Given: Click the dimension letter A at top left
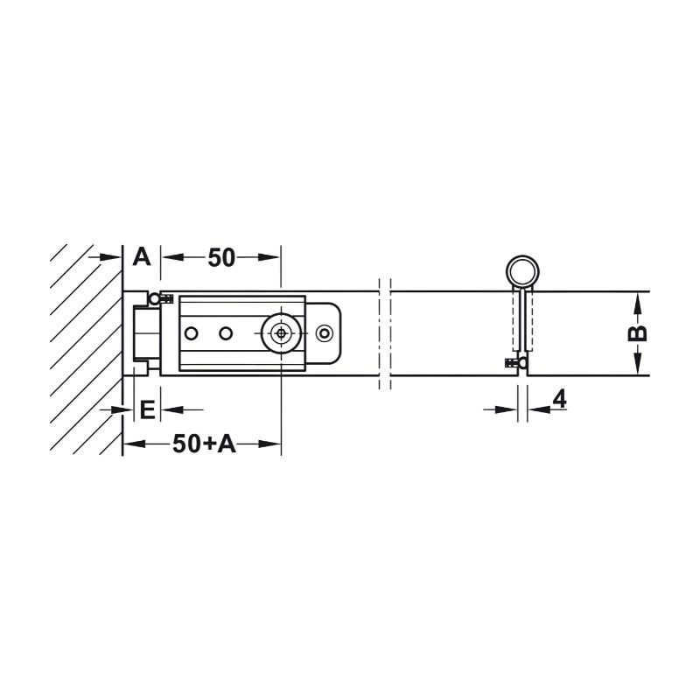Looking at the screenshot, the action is click(142, 257).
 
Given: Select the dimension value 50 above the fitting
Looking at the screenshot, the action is click(221, 257).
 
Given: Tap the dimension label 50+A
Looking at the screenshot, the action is click(204, 444).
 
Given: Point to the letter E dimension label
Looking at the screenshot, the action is click(147, 409).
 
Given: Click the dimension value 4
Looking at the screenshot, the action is click(559, 399).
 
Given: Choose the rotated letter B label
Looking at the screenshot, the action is click(638, 333).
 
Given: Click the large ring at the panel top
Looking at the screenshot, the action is click(522, 272).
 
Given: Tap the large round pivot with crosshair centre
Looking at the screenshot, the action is click(281, 333).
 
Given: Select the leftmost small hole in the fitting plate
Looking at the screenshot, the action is click(191, 333).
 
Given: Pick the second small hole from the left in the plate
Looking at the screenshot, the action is click(226, 333).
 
